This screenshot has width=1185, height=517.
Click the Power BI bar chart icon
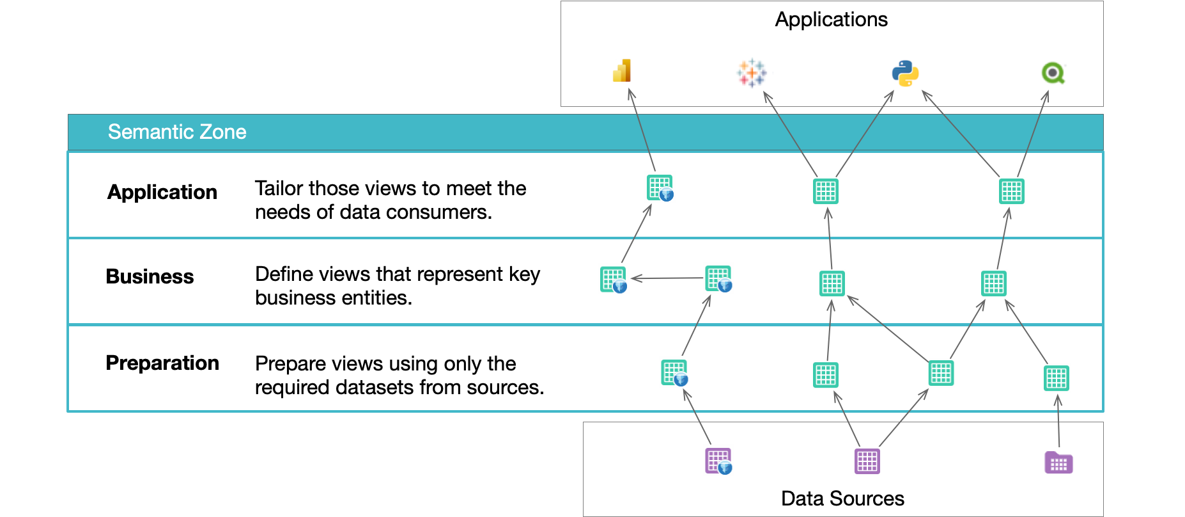(622, 71)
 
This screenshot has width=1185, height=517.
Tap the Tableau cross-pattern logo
(752, 73)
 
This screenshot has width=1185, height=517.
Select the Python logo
(905, 74)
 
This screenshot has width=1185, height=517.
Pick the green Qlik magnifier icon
(1053, 73)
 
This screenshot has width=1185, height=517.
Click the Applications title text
(831, 20)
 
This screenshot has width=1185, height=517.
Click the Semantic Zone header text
(177, 132)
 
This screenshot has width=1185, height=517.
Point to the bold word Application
(162, 192)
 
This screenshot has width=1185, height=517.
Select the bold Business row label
(150, 276)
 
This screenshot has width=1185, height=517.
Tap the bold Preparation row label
(162, 363)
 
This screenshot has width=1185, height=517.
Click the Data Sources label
(842, 498)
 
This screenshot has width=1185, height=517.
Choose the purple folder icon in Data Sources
(1058, 463)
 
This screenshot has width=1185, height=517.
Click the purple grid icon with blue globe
(718, 461)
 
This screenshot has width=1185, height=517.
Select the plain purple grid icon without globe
(867, 461)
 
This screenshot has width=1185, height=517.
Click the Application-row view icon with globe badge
(660, 188)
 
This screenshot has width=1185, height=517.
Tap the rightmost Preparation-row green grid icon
(1057, 378)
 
